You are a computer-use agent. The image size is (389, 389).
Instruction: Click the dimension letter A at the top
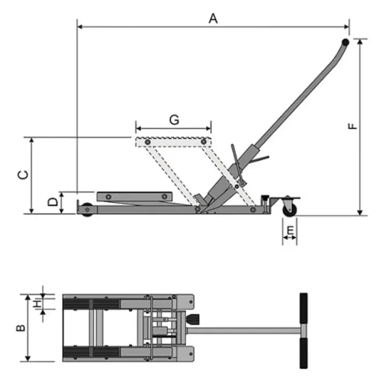click(x=213, y=19)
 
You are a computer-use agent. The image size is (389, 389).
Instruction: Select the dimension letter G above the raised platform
click(x=174, y=120)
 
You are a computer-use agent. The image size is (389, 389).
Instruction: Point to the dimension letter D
click(x=53, y=202)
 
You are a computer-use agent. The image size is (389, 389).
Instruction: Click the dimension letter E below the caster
click(x=290, y=230)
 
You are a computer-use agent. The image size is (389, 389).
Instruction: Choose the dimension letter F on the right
click(x=352, y=126)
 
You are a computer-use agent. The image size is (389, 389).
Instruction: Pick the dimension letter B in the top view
click(x=21, y=328)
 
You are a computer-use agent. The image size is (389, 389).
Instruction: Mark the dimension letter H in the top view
click(x=37, y=304)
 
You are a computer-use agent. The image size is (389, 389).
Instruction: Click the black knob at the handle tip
click(x=345, y=42)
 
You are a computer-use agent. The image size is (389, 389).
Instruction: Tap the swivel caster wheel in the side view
click(x=289, y=210)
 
